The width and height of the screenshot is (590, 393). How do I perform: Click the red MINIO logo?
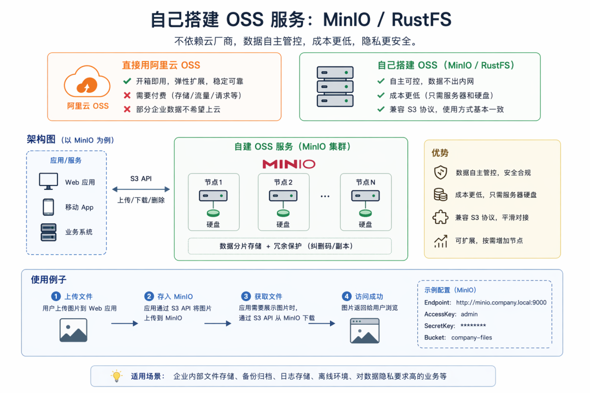289,164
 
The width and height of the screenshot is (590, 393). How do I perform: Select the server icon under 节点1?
214,196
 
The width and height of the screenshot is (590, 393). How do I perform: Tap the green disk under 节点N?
365,213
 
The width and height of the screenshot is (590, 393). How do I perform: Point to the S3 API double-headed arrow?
141,189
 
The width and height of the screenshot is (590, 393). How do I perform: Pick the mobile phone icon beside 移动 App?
48,207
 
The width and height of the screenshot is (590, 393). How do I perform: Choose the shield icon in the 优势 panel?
441,172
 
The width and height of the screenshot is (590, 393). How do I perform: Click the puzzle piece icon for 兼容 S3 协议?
440,217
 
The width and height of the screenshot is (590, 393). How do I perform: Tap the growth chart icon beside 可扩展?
441,241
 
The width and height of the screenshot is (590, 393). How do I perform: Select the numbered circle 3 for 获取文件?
246,296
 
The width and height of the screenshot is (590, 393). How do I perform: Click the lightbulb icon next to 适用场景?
117,376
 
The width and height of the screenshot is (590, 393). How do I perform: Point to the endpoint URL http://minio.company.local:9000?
501,302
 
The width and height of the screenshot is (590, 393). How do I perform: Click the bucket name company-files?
471,337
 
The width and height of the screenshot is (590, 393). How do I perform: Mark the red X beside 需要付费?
127,96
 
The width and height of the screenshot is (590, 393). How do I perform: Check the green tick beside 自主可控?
381,81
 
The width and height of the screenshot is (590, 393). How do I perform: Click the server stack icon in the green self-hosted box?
335,87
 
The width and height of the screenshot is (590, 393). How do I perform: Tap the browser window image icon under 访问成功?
364,331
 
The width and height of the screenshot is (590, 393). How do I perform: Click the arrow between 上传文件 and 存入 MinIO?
125,324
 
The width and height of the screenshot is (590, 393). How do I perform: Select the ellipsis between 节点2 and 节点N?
325,196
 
